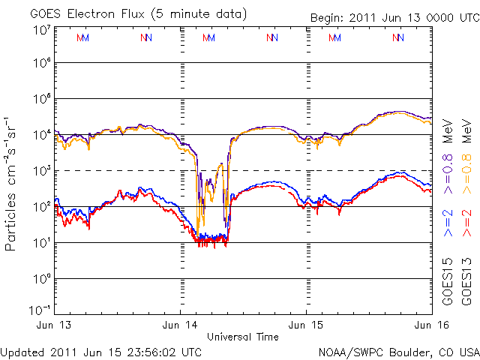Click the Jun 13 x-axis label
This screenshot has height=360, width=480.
pyautogui.click(x=53, y=325)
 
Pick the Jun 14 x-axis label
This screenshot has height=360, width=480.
pyautogui.click(x=179, y=325)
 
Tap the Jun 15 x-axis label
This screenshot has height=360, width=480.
pyautogui.click(x=305, y=325)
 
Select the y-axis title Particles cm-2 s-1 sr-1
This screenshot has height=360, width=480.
pyautogui.click(x=13, y=183)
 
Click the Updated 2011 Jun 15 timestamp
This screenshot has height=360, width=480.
pyautogui.click(x=101, y=351)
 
